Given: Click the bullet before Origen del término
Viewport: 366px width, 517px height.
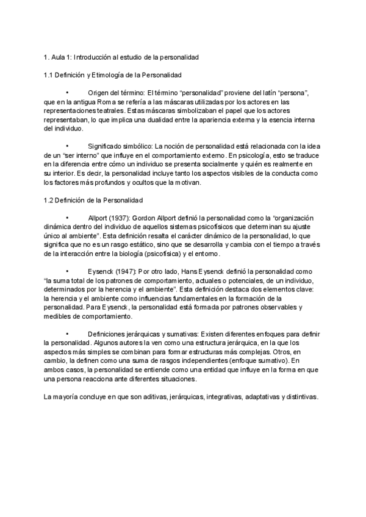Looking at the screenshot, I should (68, 93).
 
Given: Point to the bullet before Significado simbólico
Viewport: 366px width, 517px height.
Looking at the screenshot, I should (68, 146).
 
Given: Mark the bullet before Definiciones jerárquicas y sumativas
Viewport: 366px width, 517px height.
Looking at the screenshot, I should (68, 334).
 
